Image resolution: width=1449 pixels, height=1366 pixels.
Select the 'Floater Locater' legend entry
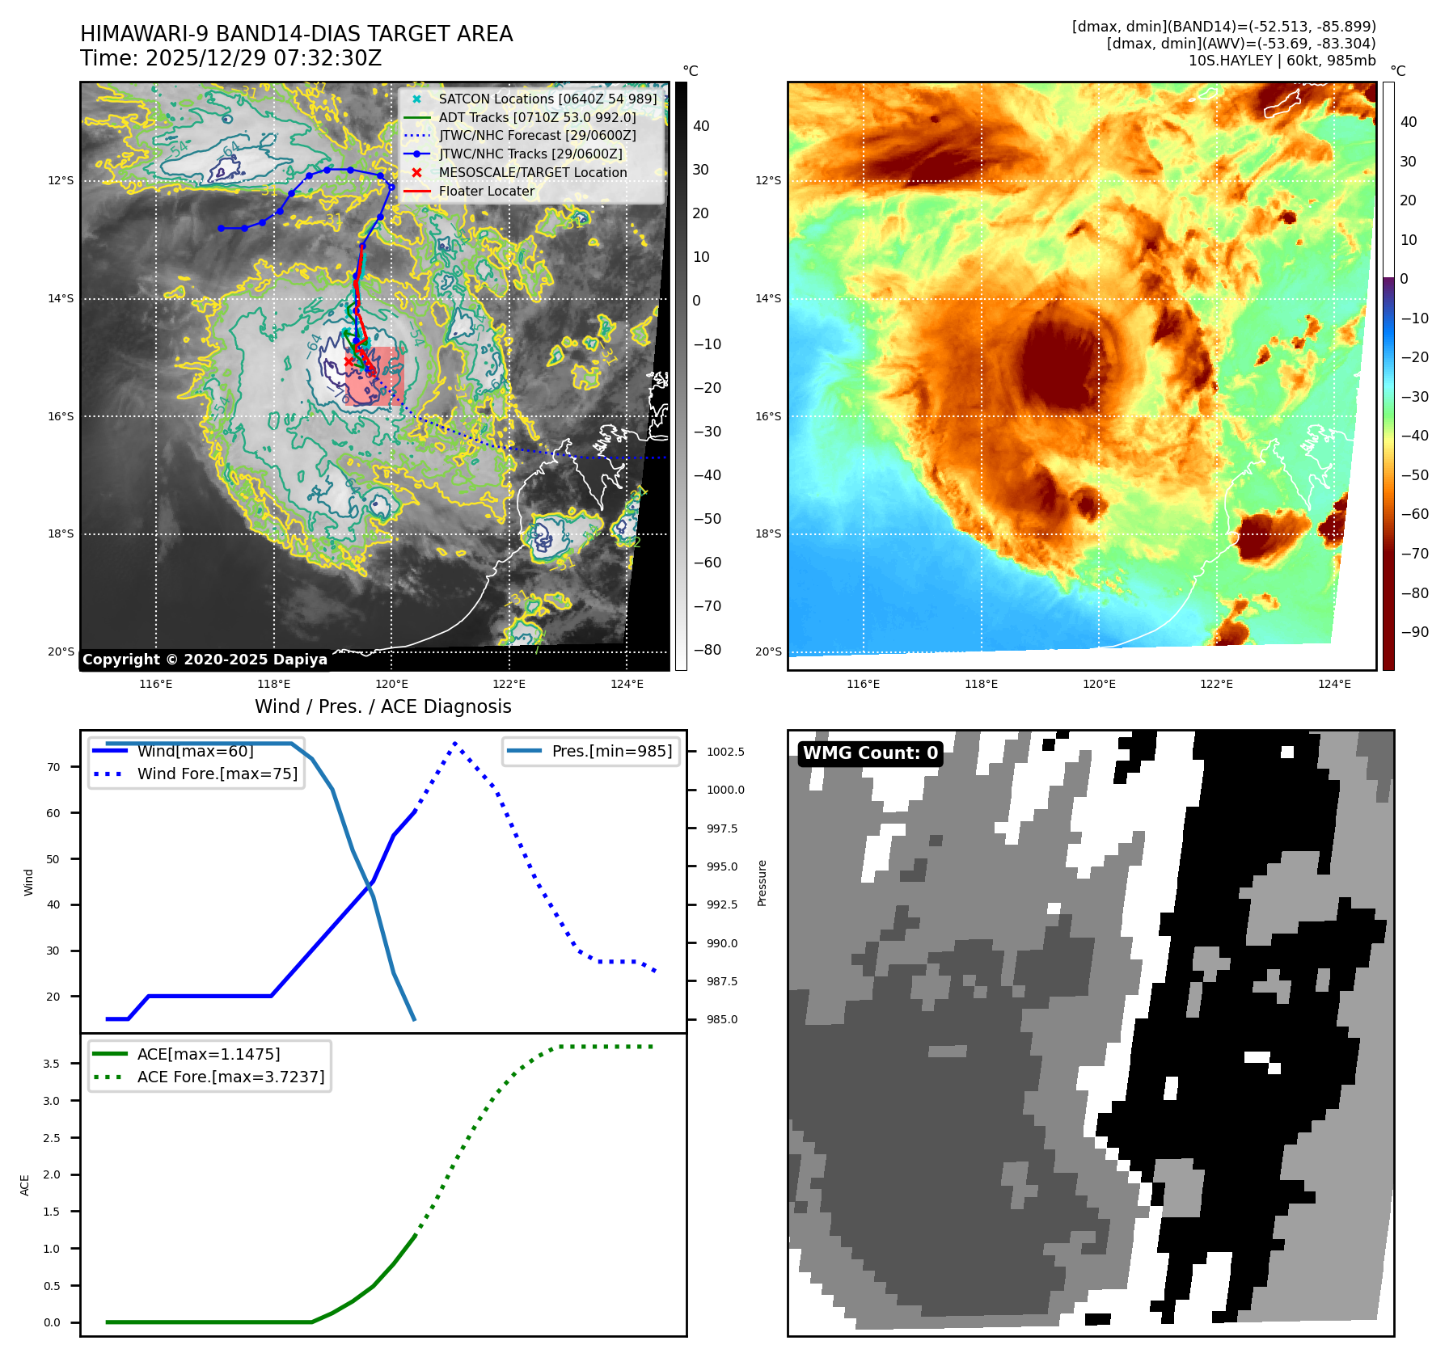click(x=486, y=191)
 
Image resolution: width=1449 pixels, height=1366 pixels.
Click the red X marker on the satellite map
click(x=349, y=361)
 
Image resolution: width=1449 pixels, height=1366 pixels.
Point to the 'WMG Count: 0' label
click(x=870, y=753)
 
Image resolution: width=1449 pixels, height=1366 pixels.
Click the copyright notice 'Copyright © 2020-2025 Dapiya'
click(x=205, y=660)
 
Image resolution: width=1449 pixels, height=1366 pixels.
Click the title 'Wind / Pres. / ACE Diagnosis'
click(x=382, y=706)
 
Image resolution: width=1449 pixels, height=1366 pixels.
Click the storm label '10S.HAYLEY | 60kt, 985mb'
click(x=1282, y=61)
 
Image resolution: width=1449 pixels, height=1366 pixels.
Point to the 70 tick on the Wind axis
click(x=53, y=767)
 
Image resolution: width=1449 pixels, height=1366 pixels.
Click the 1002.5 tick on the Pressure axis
click(x=725, y=752)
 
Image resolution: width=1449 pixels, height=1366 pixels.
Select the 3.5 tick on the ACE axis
click(x=51, y=1064)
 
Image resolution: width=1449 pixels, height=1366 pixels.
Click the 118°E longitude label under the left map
click(x=273, y=684)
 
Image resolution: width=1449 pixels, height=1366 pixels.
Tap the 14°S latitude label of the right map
click(x=767, y=298)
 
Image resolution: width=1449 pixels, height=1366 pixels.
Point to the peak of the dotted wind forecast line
click(x=455, y=743)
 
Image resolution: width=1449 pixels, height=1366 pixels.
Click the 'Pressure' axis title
click(x=762, y=883)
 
